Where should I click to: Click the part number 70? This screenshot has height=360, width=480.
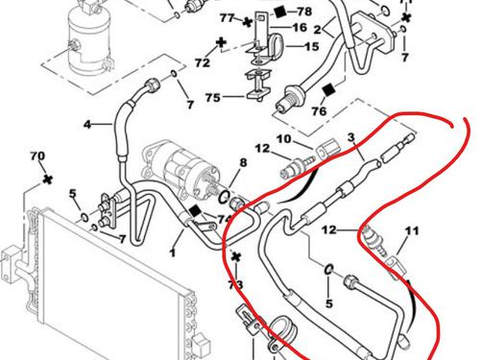[38, 156]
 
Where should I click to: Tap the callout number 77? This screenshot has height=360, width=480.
[227, 18]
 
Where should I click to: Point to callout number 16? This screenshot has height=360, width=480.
[287, 29]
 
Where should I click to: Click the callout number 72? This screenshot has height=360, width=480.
[202, 62]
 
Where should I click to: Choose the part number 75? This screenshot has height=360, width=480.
[212, 97]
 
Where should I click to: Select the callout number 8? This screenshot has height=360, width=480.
[243, 164]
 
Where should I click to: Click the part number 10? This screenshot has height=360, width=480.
[284, 140]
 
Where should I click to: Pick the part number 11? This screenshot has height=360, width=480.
[412, 230]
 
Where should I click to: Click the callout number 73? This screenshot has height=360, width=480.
[234, 284]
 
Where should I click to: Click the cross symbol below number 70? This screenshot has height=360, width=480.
[44, 179]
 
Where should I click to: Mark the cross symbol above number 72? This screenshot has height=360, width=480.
[221, 43]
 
